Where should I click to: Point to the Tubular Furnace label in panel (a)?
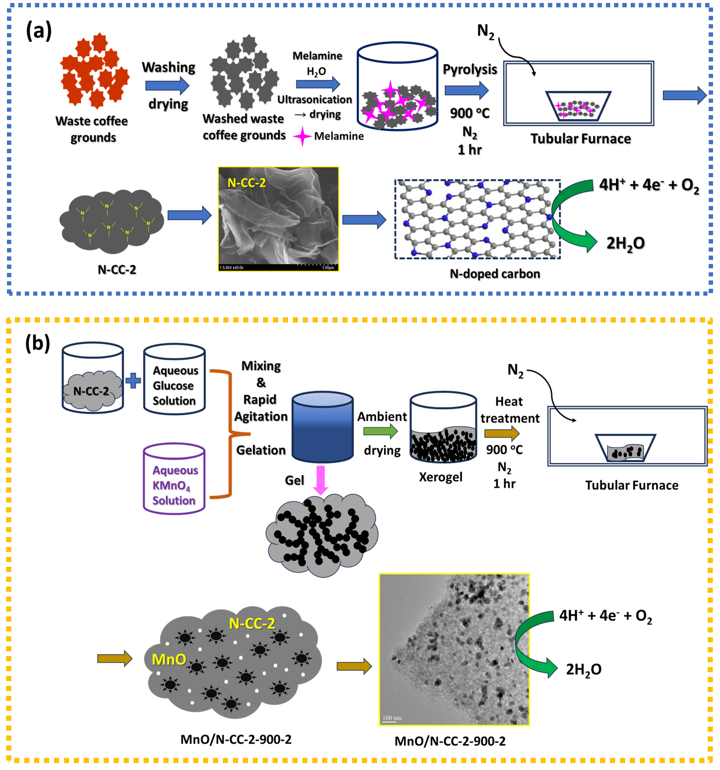pos(580,139)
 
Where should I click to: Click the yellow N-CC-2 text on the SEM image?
pos(247,183)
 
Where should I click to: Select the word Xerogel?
pos(441,477)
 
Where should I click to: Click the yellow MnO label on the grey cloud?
pos(169,659)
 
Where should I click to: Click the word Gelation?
pos(261,450)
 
